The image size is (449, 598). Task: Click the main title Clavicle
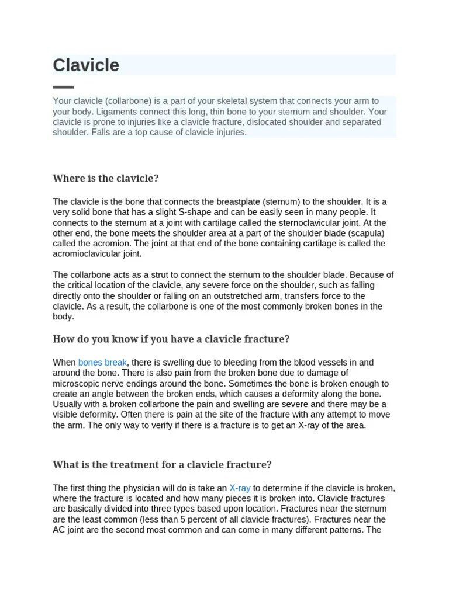pyautogui.click(x=86, y=65)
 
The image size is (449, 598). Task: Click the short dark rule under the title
pyautogui.click(x=63, y=87)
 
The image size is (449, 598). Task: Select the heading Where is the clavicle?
pyautogui.click(x=106, y=178)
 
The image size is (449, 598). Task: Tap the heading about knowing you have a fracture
pyautogui.click(x=171, y=339)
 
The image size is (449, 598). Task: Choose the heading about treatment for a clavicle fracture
pyautogui.click(x=162, y=465)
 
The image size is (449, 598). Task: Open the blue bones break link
pyautogui.click(x=102, y=363)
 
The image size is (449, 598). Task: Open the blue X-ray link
pyautogui.click(x=240, y=488)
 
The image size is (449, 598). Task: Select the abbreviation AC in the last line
pyautogui.click(x=59, y=530)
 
